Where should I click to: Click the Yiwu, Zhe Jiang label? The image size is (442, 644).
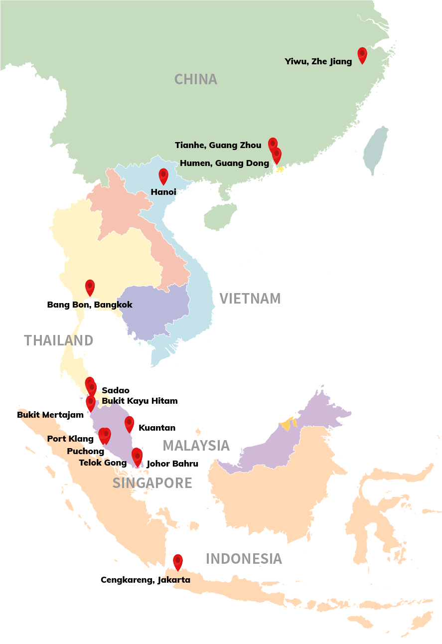tap(318, 62)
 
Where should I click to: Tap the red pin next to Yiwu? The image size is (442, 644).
tap(362, 54)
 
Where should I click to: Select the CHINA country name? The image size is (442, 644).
tap(196, 79)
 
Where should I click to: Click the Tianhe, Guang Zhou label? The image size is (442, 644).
tap(218, 146)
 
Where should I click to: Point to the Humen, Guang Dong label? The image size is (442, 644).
tap(224, 163)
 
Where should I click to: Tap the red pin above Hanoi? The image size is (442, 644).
tap(163, 176)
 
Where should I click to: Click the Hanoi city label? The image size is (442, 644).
tap(163, 192)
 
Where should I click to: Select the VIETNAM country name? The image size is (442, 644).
tap(250, 299)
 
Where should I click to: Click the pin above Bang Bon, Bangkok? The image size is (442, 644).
tap(90, 287)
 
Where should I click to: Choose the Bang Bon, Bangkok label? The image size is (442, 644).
tap(90, 305)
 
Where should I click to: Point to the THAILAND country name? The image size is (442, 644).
tap(59, 340)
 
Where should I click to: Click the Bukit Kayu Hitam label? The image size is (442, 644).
tap(140, 401)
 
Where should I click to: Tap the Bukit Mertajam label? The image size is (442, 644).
tap(50, 415)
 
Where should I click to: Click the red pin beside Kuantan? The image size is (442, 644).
tap(129, 423)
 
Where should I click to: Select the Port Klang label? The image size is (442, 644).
tap(70, 439)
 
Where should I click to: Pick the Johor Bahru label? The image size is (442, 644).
tap(172, 464)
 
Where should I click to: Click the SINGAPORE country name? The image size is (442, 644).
tap(152, 483)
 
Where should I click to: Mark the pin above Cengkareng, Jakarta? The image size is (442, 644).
tap(178, 562)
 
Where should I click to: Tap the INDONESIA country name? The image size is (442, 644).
tap(244, 559)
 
